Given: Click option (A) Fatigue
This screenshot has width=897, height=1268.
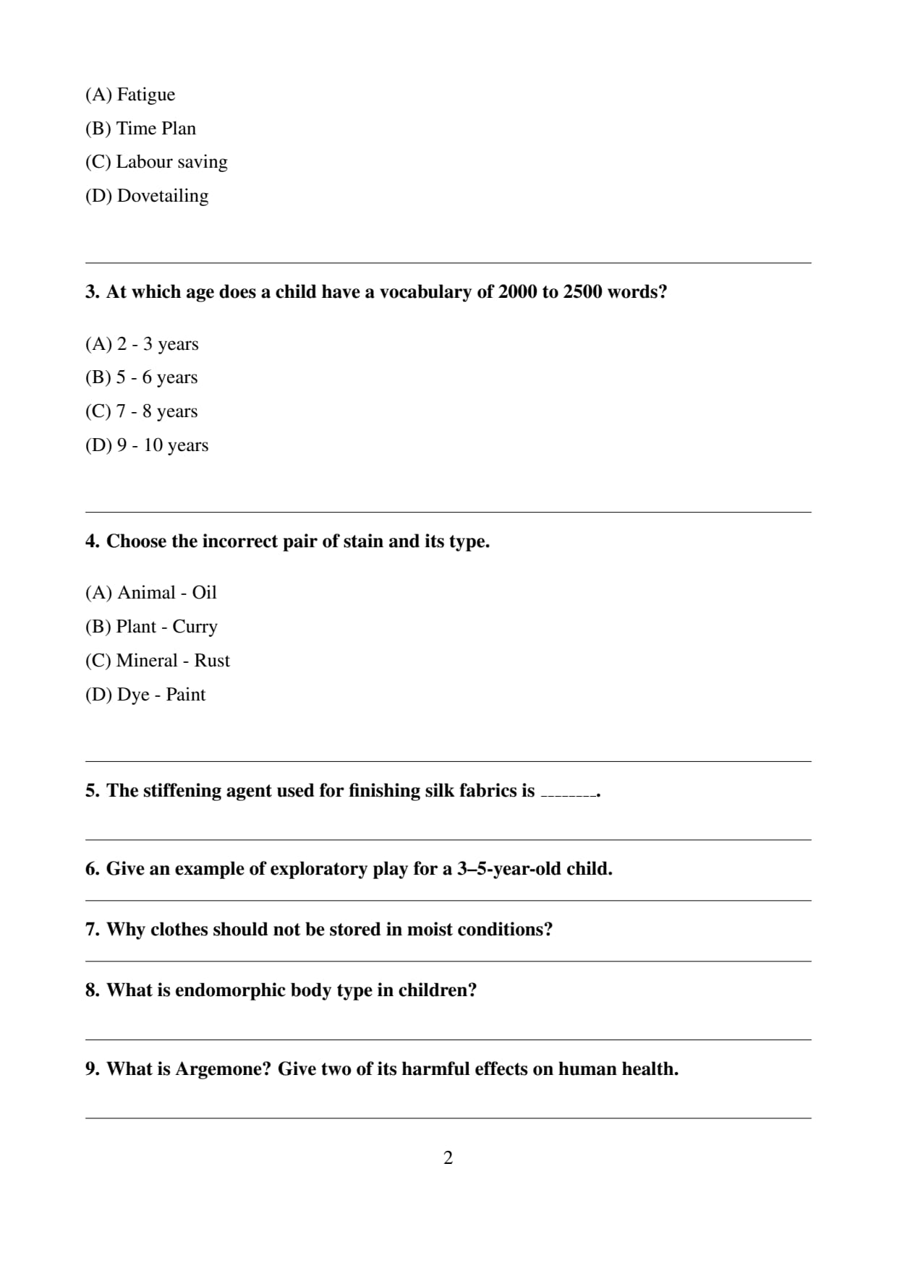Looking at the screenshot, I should pos(130,95).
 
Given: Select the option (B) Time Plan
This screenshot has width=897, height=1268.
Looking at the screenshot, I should pos(140,129).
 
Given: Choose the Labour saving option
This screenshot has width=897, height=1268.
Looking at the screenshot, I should pos(156,162).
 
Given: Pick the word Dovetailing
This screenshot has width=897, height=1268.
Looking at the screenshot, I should pos(163,196).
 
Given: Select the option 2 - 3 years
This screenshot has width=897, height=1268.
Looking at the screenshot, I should pos(142,344).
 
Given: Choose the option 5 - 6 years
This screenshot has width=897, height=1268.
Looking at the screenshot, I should pos(141,377).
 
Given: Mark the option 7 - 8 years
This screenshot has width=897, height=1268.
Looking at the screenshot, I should pos(141,411).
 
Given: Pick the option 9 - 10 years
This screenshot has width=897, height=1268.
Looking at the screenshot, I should pos(147,445).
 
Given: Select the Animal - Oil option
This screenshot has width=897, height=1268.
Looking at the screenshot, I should pos(151,593).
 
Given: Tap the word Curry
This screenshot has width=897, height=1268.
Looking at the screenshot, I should pos(195,627).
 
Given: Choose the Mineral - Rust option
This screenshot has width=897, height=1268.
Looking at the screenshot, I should pos(158,661).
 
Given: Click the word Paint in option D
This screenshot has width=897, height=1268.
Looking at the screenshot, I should pos(186,695).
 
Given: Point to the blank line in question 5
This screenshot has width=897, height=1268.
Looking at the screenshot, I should pos(569,793).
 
